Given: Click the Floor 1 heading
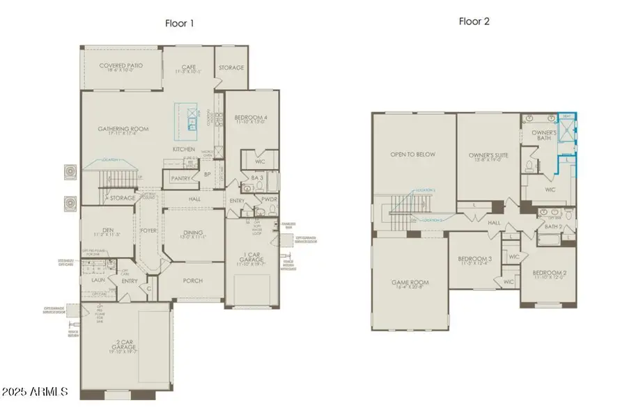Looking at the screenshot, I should pyautogui.click(x=179, y=23).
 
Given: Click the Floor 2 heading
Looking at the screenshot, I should pyautogui.click(x=474, y=22).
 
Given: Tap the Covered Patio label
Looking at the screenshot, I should pyautogui.click(x=121, y=68).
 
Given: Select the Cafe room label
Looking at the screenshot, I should pyautogui.click(x=186, y=68).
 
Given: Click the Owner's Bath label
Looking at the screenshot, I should pyautogui.click(x=543, y=135).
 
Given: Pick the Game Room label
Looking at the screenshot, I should pyautogui.click(x=410, y=284).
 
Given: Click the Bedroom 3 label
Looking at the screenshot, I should pyautogui.click(x=474, y=261).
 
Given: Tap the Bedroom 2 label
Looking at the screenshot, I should pyautogui.click(x=548, y=274).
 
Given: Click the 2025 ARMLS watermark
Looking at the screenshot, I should pyautogui.click(x=35, y=392).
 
